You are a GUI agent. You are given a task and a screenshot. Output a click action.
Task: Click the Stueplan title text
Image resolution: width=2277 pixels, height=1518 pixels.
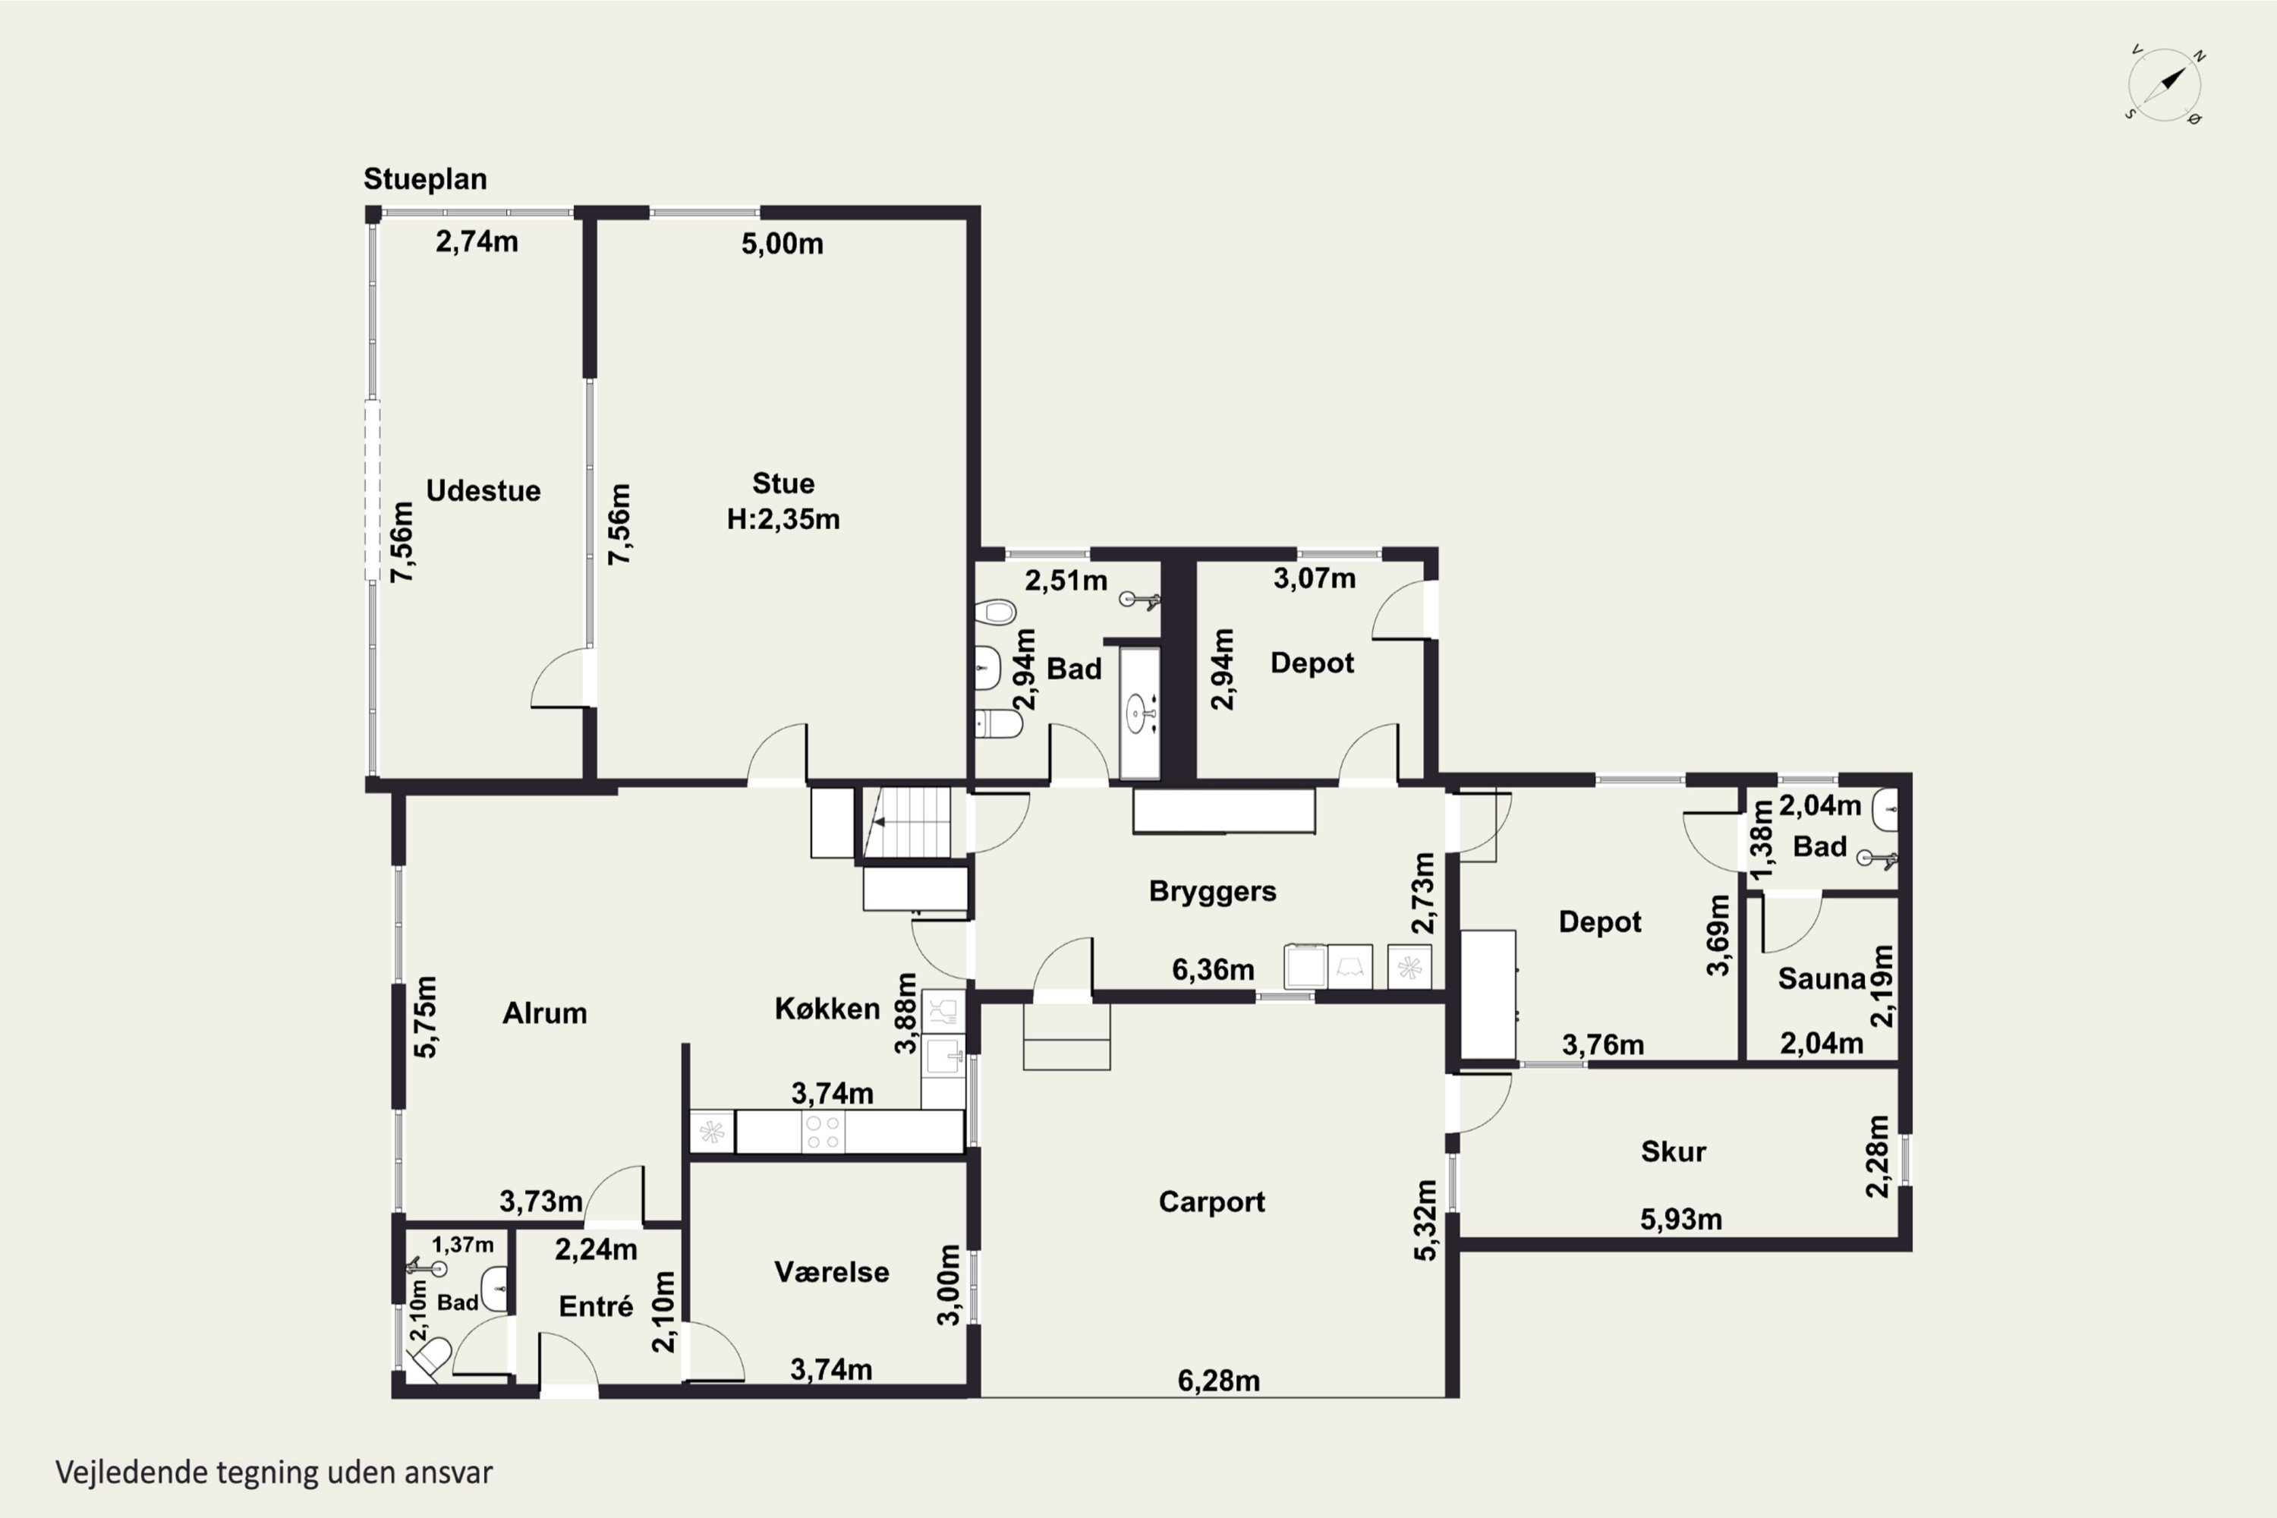coord(425,180)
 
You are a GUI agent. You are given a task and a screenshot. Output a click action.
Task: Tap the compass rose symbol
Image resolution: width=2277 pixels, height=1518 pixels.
coord(2165,85)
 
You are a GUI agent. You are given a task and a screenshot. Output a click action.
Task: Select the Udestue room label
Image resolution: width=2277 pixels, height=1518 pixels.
coord(483,491)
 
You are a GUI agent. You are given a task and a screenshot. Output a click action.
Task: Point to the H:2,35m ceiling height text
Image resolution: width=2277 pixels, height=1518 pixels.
coord(783,520)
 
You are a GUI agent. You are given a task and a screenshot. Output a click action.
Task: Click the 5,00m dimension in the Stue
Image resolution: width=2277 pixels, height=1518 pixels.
coord(783,244)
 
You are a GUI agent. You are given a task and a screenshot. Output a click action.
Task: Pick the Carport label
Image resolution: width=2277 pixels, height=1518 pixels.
coord(1211,1202)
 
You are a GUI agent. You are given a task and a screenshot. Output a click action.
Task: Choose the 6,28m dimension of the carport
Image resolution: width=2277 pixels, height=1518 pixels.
coord(1219,1381)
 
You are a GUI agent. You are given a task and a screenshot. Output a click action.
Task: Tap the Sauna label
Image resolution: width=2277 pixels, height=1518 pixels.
coord(1821,979)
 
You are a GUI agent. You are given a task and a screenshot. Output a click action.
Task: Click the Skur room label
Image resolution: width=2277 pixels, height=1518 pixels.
coord(1673,1151)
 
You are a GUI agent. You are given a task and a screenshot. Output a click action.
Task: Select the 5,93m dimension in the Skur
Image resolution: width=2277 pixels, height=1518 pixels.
coord(1680,1220)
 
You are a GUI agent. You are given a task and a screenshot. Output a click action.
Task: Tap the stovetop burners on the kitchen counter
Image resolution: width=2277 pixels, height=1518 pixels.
coord(823,1132)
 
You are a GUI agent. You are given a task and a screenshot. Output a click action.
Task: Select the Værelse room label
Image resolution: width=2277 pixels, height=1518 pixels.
coord(832,1272)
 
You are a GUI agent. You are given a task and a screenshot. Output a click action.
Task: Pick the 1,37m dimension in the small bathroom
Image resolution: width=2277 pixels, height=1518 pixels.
coord(463,1245)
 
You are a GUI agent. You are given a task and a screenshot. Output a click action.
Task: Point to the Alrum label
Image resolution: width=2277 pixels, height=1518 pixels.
coord(544,1013)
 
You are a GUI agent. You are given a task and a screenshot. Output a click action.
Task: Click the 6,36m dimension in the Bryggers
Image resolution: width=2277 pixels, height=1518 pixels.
coord(1213,969)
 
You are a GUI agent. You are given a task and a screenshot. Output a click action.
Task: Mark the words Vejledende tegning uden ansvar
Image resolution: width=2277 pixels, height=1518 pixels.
coord(274,1472)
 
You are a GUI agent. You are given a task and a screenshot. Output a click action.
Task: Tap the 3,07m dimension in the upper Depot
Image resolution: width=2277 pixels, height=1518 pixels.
coord(1314,579)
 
